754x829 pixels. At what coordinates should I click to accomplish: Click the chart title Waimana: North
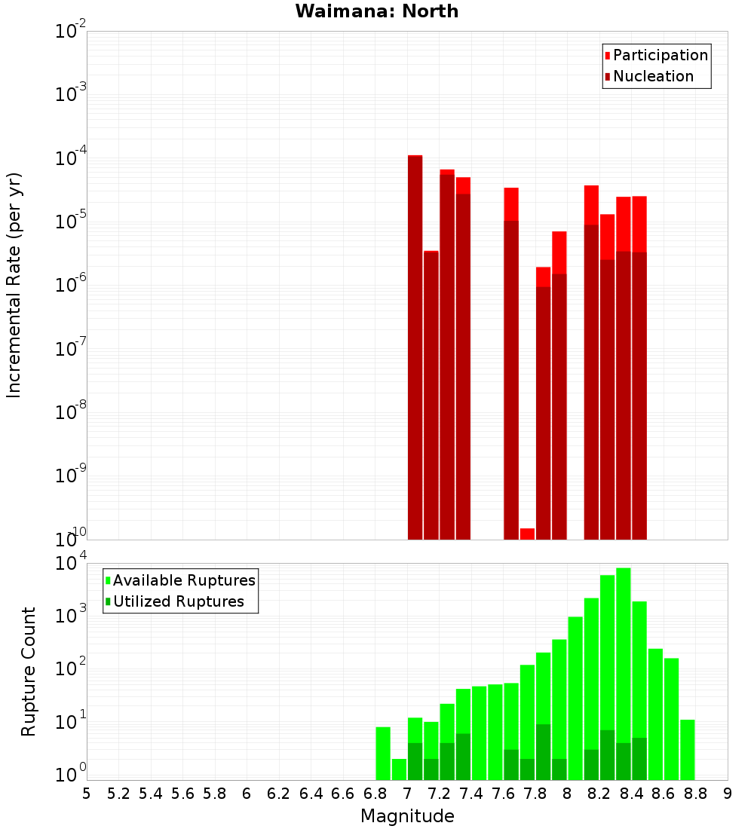pyautogui.click(x=377, y=11)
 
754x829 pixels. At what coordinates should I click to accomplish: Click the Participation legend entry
pyautogui.click(x=660, y=55)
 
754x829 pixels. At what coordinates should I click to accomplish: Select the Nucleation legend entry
pyautogui.click(x=652, y=76)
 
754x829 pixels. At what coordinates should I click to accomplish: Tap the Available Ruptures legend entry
pyautogui.click(x=183, y=580)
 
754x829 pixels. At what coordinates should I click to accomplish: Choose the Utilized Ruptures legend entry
pyautogui.click(x=178, y=601)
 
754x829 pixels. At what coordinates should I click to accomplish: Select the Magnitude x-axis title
pyautogui.click(x=407, y=816)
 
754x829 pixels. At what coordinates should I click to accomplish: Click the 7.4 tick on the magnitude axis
pyautogui.click(x=471, y=794)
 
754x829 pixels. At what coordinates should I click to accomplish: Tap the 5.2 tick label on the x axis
pyautogui.click(x=118, y=794)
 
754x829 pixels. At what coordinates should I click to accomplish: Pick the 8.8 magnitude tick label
pyautogui.click(x=695, y=794)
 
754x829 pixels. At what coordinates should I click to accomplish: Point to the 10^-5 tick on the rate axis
pyautogui.click(x=70, y=222)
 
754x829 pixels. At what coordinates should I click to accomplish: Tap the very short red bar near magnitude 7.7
pyautogui.click(x=527, y=534)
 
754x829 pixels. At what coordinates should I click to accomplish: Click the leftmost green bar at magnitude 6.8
pyautogui.click(x=383, y=754)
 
